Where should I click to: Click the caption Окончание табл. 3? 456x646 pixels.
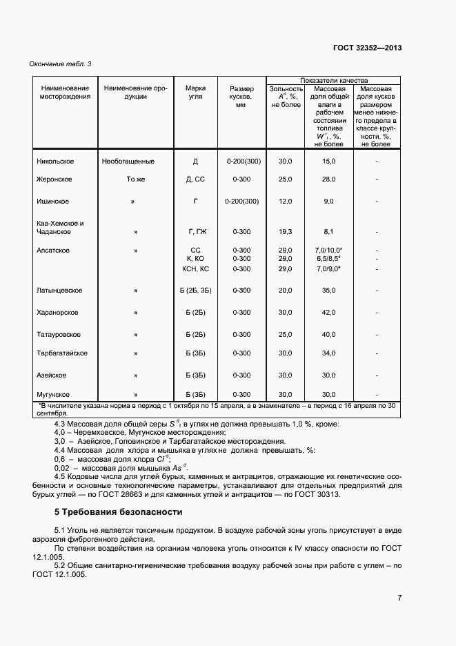point(60,64)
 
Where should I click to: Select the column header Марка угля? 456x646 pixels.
point(195,92)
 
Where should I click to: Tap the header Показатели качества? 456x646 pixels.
point(334,80)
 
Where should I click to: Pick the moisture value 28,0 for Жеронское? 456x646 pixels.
point(328,179)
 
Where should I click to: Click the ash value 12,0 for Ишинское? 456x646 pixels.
point(285,202)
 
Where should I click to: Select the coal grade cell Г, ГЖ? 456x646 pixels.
point(195,232)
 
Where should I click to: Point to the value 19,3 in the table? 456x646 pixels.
point(285,232)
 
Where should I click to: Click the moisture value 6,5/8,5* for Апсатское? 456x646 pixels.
point(328,259)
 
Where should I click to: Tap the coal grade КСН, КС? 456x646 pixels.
point(195,268)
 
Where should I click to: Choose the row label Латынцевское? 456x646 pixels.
point(60,291)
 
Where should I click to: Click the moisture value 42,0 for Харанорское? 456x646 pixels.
point(328,313)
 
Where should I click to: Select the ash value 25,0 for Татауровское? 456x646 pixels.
point(285,335)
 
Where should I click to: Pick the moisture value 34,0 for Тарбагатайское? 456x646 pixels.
point(328,353)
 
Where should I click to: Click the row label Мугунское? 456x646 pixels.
point(53,393)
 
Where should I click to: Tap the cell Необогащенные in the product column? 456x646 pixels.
point(128,161)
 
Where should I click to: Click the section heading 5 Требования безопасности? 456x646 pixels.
point(118,512)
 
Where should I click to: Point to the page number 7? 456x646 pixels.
point(399,598)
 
